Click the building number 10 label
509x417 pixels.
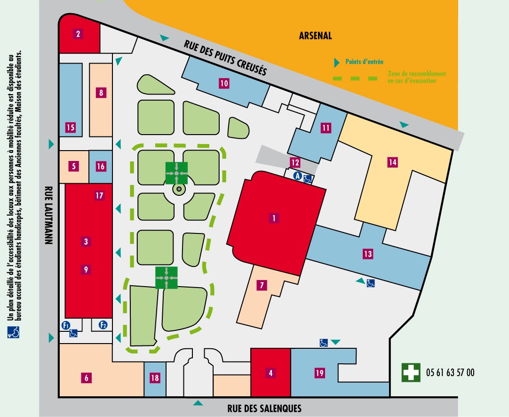point(224,83)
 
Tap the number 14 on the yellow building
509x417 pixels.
point(392,162)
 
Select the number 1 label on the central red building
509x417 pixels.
point(274,218)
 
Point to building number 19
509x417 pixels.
point(319,372)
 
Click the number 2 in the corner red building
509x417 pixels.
point(78,34)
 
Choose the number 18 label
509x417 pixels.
point(155,378)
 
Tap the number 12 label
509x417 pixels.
point(295,162)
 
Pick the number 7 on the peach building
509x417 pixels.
point(262,285)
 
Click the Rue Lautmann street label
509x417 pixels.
point(48,215)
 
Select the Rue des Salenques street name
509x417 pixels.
point(264,408)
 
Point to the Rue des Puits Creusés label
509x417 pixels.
point(225,58)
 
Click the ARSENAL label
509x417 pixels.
point(315,35)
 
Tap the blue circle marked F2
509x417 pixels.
point(103,325)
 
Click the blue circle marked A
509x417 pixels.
point(298,176)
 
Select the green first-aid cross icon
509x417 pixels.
point(411,372)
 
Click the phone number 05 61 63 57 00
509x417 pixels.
point(450,372)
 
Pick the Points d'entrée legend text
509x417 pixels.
point(364,62)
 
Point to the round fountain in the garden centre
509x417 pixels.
point(179,189)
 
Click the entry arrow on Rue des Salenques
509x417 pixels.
point(198,403)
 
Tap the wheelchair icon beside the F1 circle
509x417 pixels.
point(73,333)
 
